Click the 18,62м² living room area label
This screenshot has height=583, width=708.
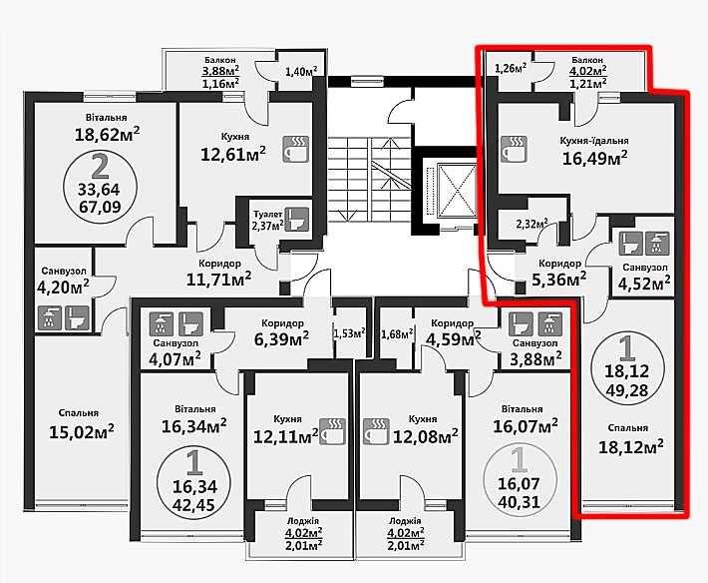pos(107,134)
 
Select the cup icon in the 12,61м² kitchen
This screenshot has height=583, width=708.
pos(296,149)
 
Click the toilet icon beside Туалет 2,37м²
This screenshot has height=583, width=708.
pos(298,219)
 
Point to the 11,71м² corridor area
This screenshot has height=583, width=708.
pos(219,280)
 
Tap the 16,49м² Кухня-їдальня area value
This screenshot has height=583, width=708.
pos(594,158)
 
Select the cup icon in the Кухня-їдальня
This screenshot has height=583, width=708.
pos(514,149)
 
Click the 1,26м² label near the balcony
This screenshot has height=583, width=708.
pos(511,69)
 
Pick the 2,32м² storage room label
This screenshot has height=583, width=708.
pos(531,224)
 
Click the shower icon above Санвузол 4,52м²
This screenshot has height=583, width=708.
pos(657,244)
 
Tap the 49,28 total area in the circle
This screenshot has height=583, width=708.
pos(627,390)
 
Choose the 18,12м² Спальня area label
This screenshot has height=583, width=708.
pos(631,447)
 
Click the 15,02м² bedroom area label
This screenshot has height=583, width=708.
pos(82,431)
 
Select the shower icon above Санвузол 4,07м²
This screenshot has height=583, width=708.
pos(161,324)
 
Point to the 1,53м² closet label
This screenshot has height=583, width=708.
pos(349,333)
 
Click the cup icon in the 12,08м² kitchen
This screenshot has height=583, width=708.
pos(376,432)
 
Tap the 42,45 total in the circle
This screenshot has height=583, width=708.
pos(192,503)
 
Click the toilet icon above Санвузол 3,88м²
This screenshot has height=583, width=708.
pos(521,324)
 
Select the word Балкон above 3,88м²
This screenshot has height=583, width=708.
pos(220,60)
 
